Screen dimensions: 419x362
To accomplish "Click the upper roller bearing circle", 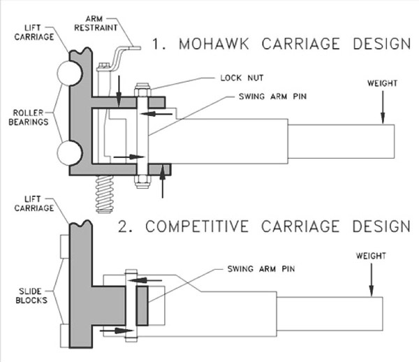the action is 69,73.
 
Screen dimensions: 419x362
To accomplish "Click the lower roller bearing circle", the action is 69,152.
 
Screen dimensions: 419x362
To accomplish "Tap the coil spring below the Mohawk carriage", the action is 105,194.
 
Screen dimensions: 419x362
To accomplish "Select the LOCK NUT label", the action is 242,78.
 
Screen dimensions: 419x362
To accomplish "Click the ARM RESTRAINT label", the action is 96,23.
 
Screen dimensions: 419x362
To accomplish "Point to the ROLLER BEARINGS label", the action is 29,117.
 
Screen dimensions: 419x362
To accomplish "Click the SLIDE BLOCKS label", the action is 31,296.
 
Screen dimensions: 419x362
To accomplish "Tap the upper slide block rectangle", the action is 65,247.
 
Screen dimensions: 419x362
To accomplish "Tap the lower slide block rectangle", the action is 65,335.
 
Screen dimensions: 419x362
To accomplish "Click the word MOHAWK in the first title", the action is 214,43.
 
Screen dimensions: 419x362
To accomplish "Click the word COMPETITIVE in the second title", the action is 197,226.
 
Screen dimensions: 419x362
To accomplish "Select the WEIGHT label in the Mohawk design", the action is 382,83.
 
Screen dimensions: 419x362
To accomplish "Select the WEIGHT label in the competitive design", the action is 371,256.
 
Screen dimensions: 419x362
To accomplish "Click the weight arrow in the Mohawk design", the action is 383,108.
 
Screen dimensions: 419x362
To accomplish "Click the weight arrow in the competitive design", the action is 372,280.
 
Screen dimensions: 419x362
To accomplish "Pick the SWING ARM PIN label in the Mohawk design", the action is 272,96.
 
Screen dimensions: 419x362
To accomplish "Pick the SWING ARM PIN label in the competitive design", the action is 261,268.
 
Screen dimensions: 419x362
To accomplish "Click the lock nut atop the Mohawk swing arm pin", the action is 142,89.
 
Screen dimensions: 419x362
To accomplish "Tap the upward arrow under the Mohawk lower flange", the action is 162,182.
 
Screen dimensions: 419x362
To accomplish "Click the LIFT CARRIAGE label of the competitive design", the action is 34,203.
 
